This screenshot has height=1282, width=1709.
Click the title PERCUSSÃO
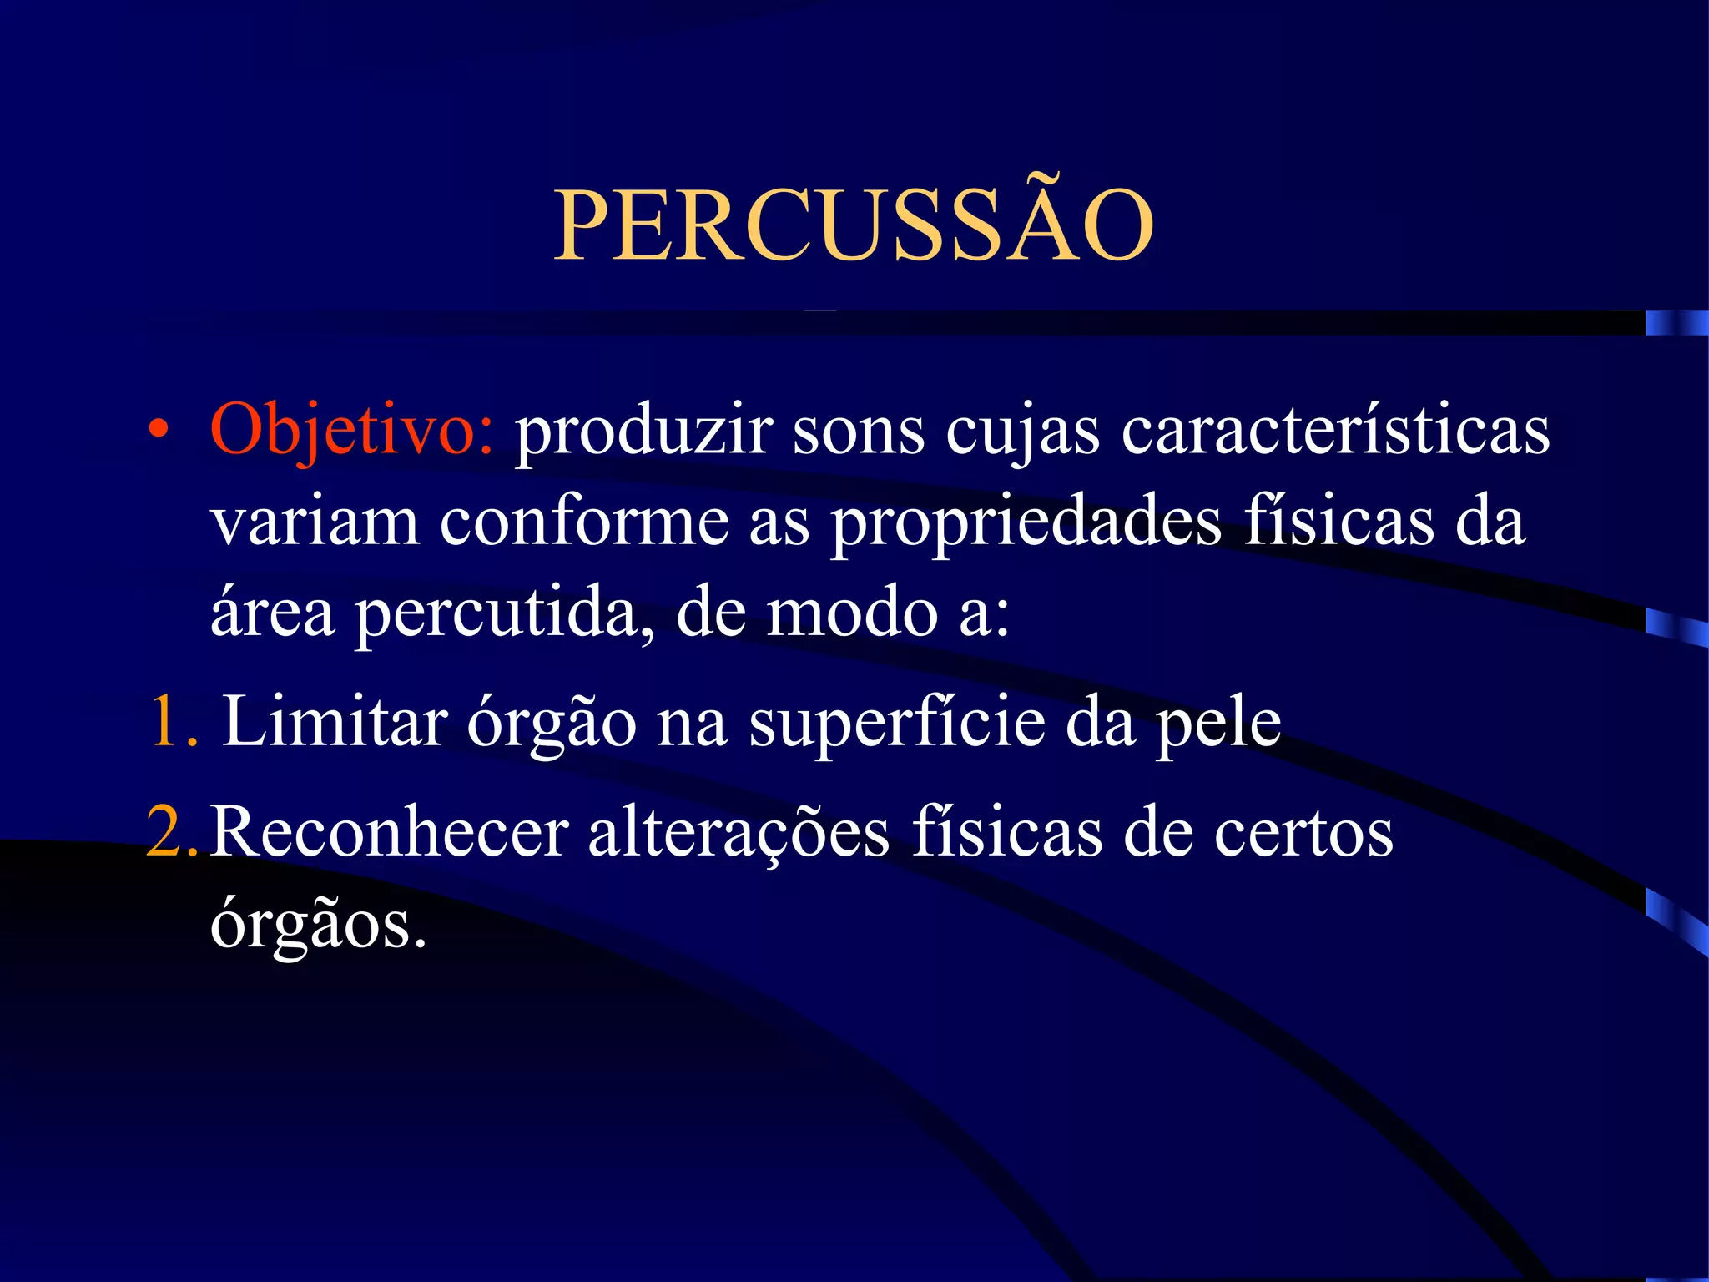tap(854, 224)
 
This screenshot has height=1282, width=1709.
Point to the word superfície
tap(897, 723)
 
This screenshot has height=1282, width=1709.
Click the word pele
tap(1218, 723)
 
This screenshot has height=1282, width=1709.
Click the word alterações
tap(739, 833)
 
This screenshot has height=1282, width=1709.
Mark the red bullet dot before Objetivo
tap(158, 431)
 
